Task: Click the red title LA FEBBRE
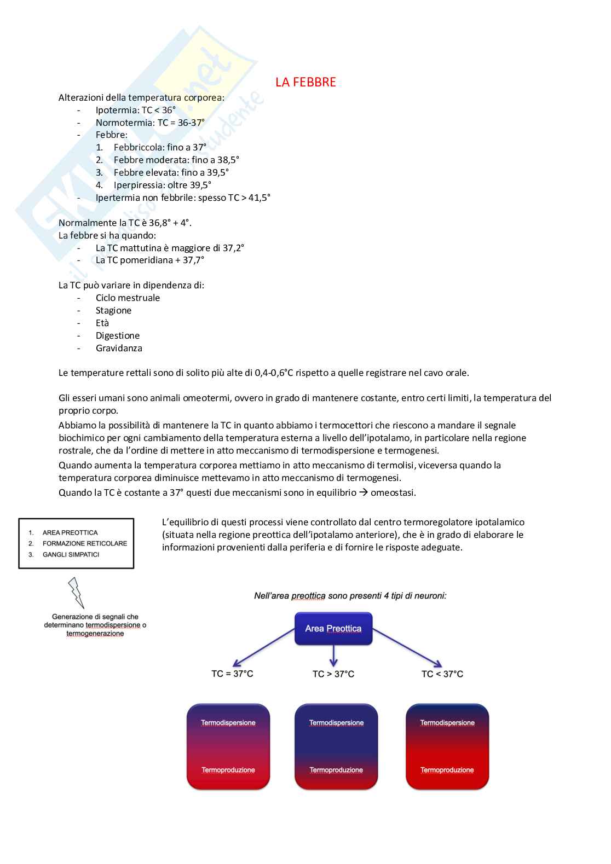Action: pos(305,82)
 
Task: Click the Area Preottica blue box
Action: pos(333,628)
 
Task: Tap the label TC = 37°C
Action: pos(232,674)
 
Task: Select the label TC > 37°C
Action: pos(333,674)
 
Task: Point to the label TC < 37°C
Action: pos(442,674)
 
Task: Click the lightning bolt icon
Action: pos(76,593)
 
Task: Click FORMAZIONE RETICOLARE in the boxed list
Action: pos(85,543)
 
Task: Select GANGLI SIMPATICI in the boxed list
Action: pos(71,554)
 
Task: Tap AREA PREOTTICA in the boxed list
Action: pos(70,532)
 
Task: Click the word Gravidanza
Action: pos(119,348)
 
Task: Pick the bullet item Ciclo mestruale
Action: pos(128,298)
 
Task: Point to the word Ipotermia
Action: pos(117,110)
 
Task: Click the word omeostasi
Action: pos(393,492)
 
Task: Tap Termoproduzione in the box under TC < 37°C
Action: pos(447,770)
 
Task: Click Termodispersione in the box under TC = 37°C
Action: pos(228,723)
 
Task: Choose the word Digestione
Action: pos(118,335)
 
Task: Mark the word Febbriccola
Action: pos(139,147)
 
